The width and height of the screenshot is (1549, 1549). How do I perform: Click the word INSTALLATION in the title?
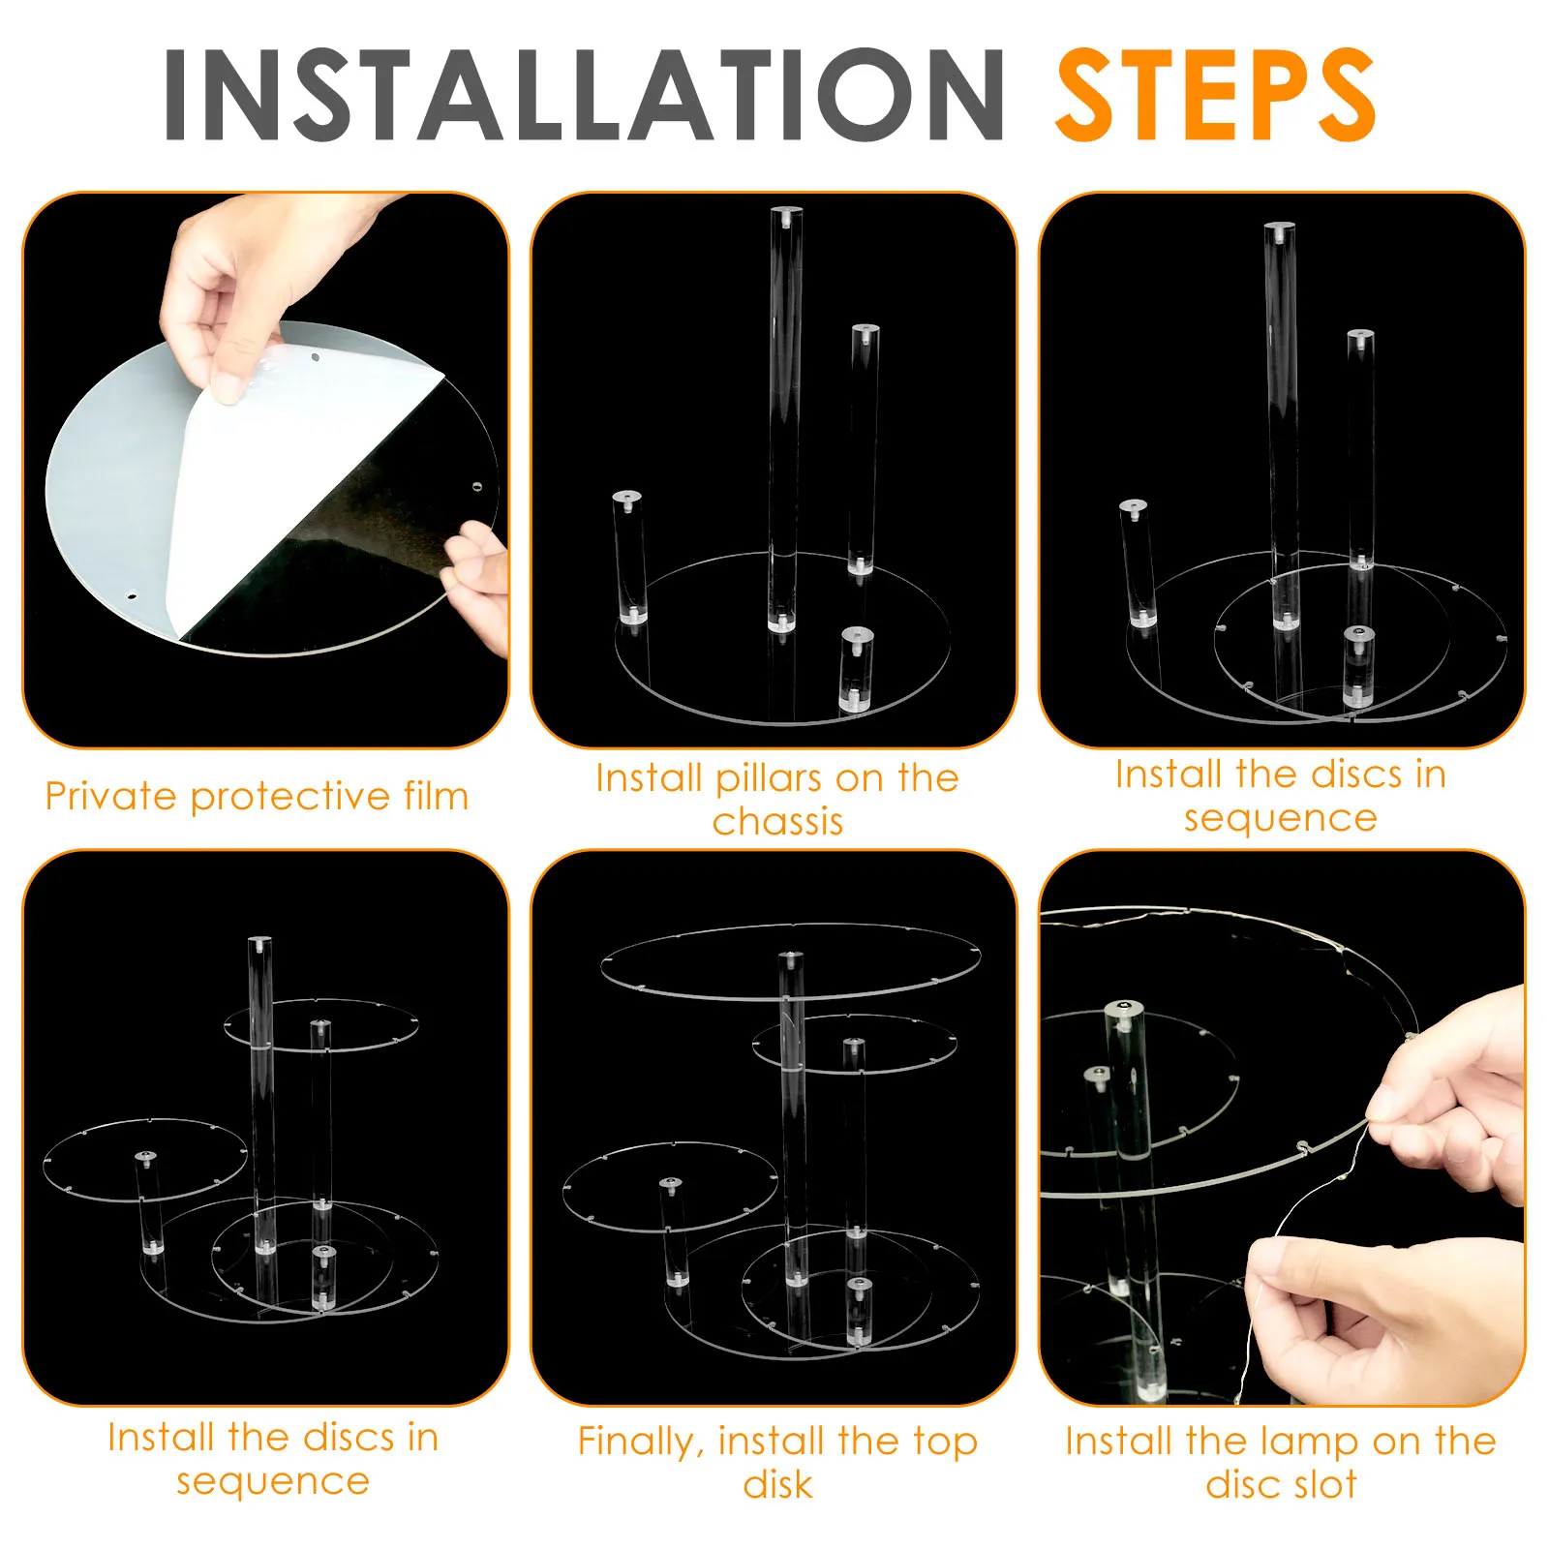585,95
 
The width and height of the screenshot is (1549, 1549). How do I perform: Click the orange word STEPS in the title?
1216,95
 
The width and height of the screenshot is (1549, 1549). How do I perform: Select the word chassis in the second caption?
778,822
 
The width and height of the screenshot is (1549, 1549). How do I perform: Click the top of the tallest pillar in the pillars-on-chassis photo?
786,215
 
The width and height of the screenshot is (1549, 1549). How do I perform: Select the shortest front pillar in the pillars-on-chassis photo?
856,669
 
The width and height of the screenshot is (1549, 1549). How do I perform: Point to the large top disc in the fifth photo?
791,961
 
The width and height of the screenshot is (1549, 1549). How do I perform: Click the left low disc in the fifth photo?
670,1187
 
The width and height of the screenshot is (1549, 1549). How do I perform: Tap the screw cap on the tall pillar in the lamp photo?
1123,1009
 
